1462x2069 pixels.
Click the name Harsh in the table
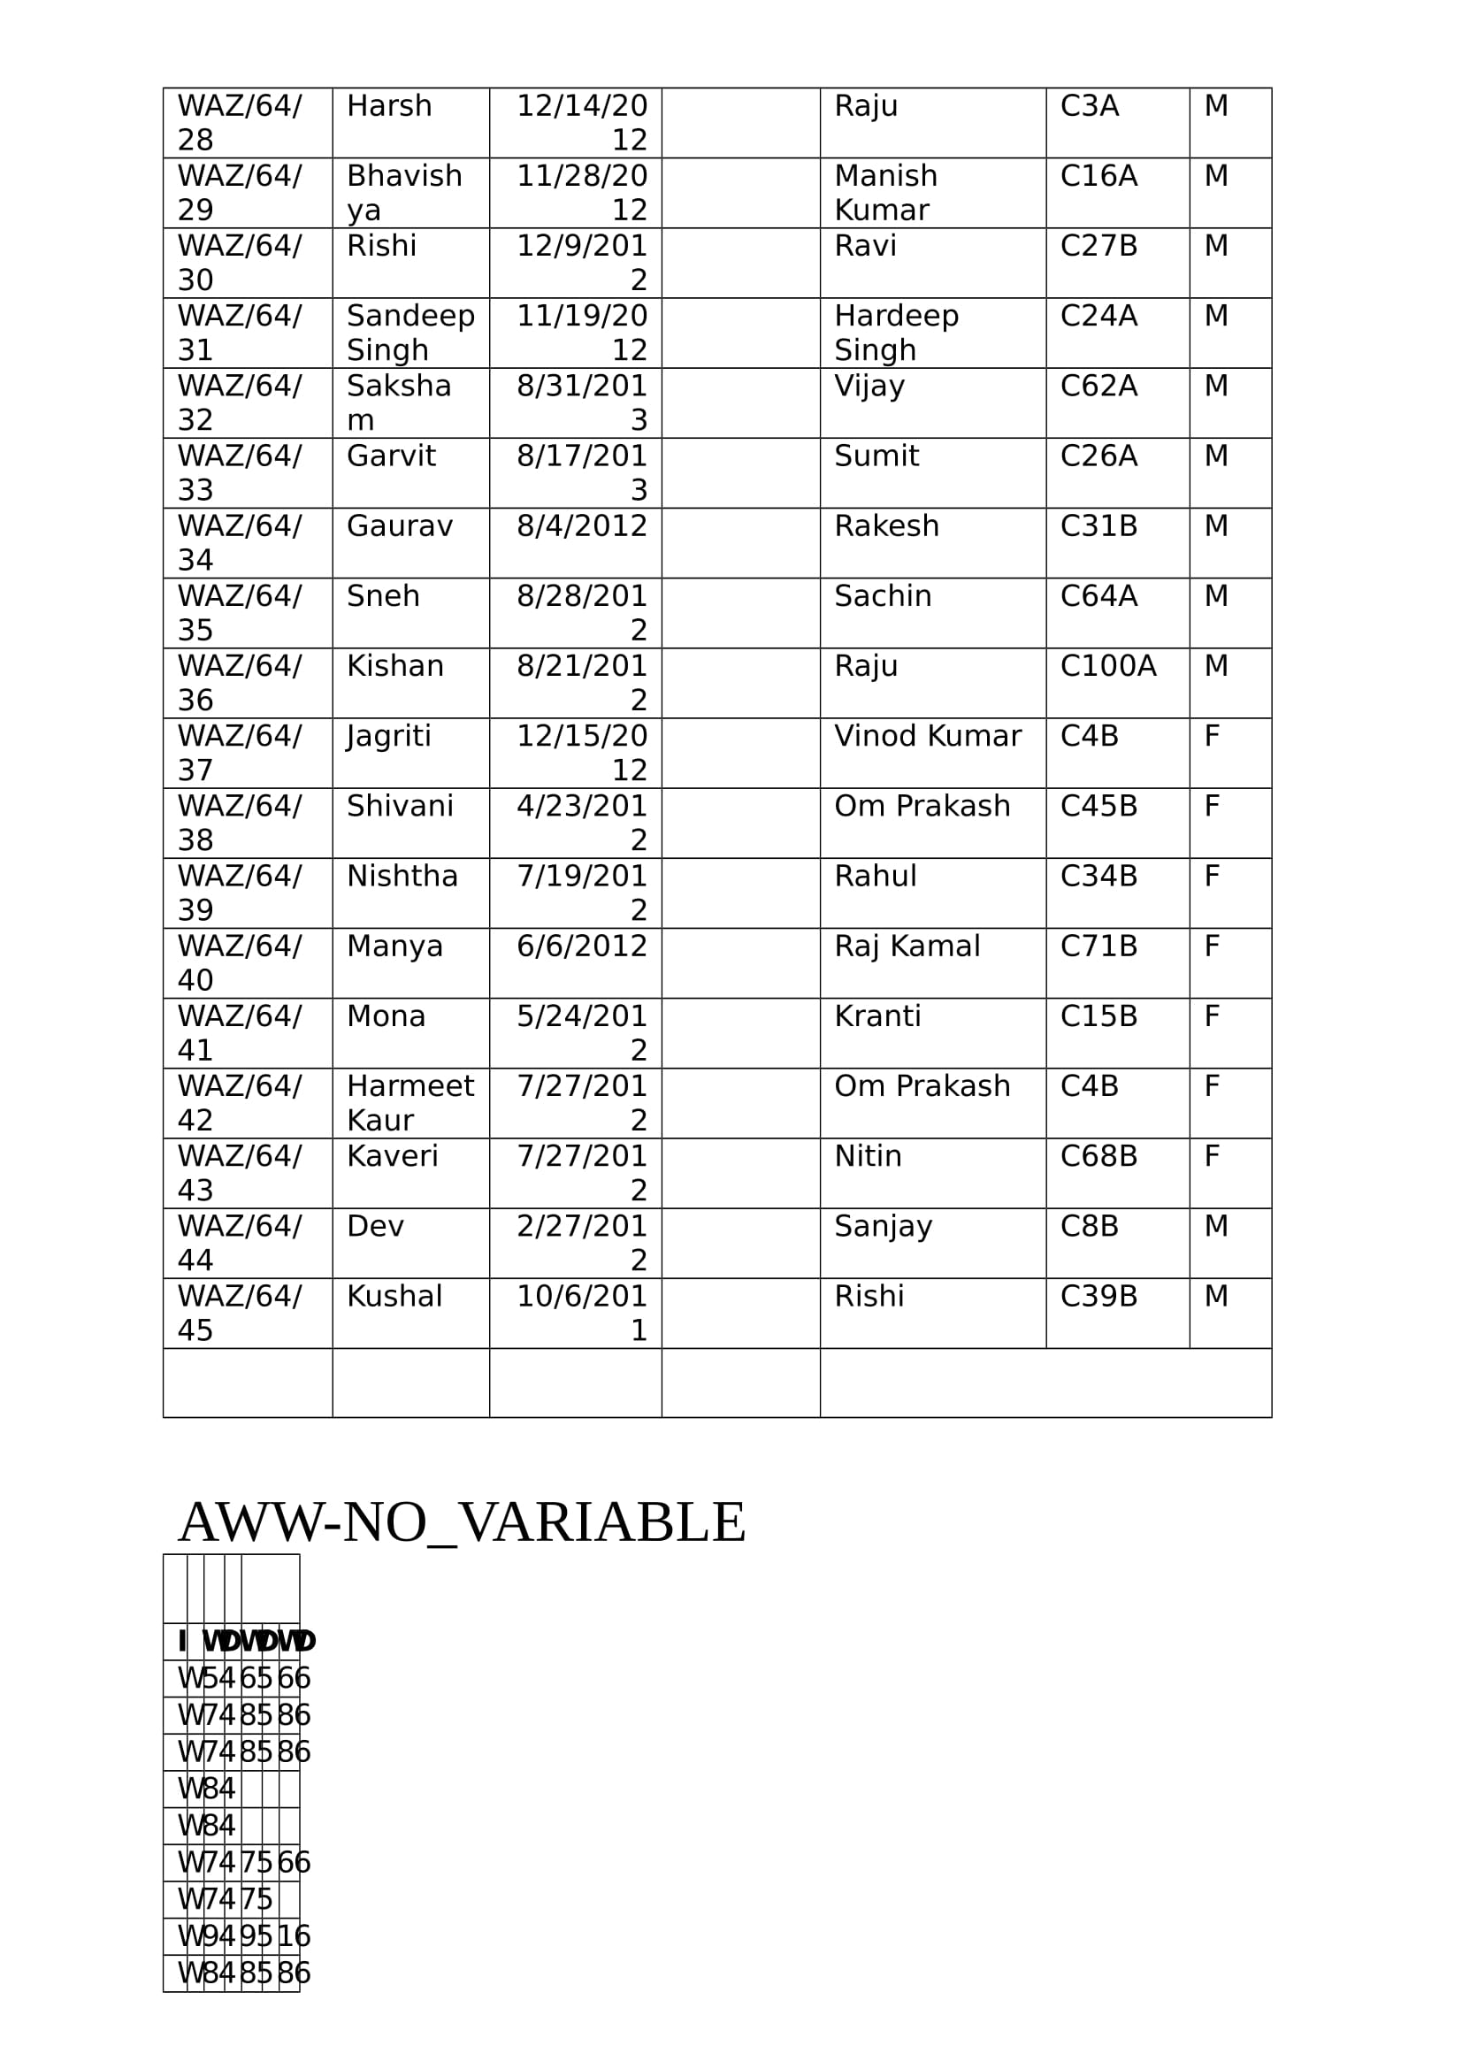389,106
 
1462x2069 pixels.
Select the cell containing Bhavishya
404,193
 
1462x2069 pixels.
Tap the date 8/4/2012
581,526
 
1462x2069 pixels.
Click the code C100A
1107,666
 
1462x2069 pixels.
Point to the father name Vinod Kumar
927,736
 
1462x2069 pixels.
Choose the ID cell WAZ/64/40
240,962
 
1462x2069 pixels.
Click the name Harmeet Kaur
410,1103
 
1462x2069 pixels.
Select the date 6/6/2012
581,946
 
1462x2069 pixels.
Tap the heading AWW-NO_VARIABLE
462,1522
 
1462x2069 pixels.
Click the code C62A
1098,386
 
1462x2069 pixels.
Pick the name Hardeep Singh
896,333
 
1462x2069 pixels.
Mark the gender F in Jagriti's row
1212,736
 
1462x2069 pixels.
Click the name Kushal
394,1296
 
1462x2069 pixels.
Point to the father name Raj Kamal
907,946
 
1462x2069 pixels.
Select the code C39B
1098,1296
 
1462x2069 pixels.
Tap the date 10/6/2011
581,1313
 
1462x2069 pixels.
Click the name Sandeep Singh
410,333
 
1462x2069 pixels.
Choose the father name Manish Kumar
885,193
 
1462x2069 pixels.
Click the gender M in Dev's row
1216,1226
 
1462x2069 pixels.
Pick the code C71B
1098,946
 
